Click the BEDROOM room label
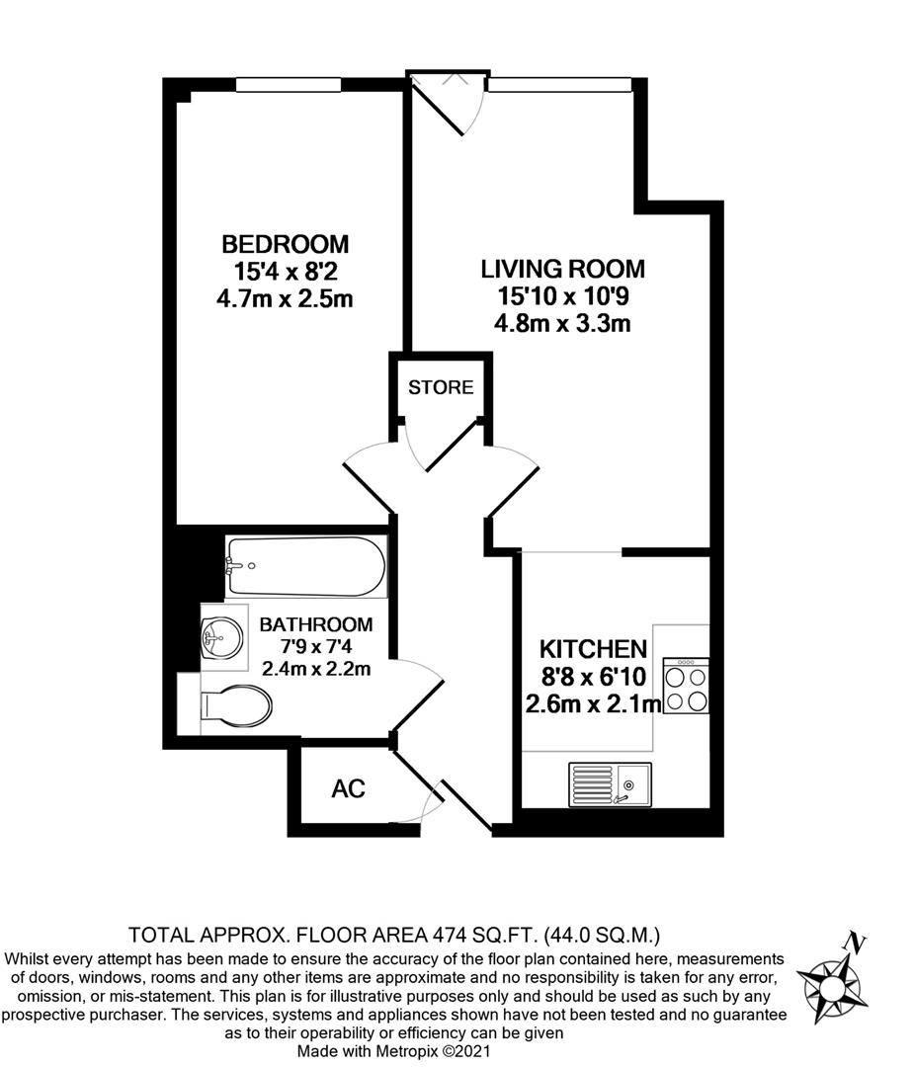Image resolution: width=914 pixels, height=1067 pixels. [x=285, y=243]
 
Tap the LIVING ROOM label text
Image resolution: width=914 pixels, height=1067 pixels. [x=563, y=269]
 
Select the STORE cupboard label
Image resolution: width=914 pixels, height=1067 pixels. [x=441, y=387]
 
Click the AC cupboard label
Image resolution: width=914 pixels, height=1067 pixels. [x=348, y=789]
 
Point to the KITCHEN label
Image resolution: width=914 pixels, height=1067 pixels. [x=593, y=650]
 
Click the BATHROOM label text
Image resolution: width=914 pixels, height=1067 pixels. [x=316, y=624]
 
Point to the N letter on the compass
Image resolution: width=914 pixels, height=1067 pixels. [x=858, y=944]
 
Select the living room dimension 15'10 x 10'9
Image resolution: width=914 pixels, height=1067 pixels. [x=563, y=295]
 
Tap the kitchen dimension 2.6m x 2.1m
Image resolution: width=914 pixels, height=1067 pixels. [x=593, y=703]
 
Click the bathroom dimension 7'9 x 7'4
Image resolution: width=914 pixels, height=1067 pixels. [x=316, y=647]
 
